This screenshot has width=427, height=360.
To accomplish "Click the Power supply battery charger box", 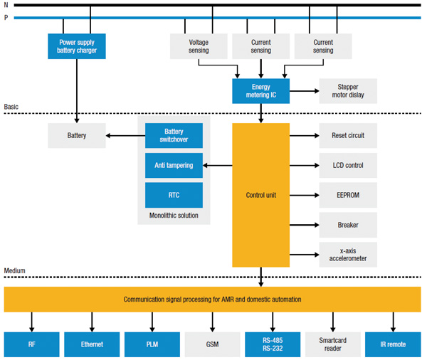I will click(x=77, y=46).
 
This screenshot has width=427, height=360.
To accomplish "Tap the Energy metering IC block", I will click(x=260, y=91).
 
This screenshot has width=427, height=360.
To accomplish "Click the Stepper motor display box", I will click(x=347, y=91).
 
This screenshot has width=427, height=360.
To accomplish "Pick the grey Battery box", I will click(x=77, y=135).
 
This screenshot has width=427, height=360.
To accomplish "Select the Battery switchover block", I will click(x=174, y=135).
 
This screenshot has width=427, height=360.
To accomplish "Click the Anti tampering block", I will click(x=174, y=165).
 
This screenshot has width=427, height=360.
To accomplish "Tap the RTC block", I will click(x=174, y=195).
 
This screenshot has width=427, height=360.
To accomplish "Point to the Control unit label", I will click(x=260, y=194).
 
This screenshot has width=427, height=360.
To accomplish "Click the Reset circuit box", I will click(x=347, y=135).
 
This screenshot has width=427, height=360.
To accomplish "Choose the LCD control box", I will click(x=347, y=165).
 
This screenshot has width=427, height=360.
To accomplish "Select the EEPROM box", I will click(x=347, y=195).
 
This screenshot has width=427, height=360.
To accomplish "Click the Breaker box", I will click(x=347, y=225).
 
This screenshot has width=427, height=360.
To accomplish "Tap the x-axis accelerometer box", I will click(x=347, y=255).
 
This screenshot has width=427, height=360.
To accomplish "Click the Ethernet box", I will click(x=92, y=344).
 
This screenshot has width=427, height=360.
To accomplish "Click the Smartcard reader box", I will click(x=333, y=344).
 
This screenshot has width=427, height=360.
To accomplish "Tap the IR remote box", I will click(x=394, y=344).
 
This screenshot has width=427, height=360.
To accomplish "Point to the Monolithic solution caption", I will click(x=174, y=216).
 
